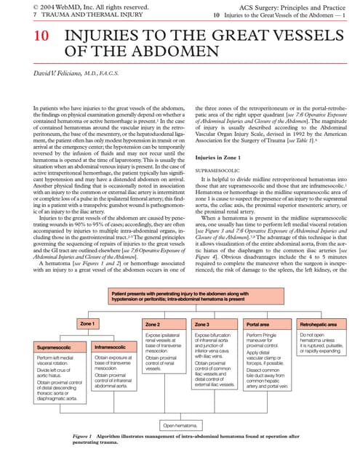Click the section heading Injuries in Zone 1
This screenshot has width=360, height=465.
pos(217,158)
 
